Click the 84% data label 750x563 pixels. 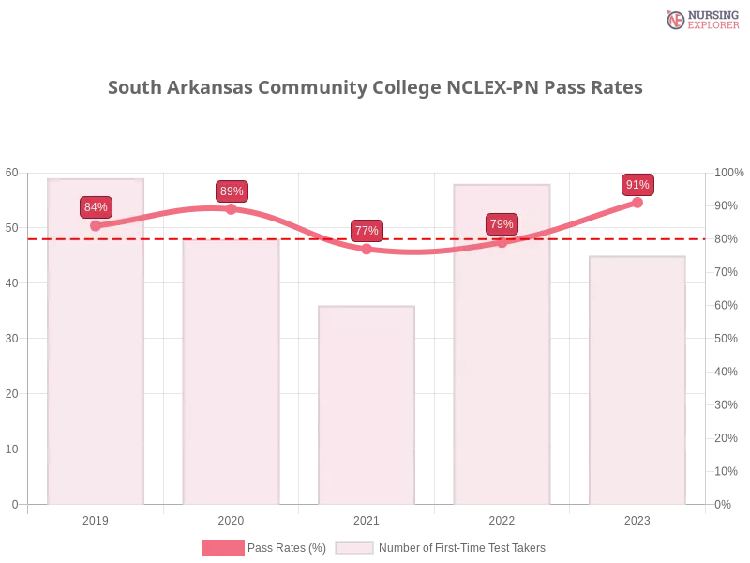tap(96, 207)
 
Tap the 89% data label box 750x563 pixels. tap(232, 191)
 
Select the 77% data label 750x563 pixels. tap(367, 231)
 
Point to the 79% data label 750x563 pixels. tap(502, 224)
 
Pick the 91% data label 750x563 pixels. tap(637, 185)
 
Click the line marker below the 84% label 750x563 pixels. tap(96, 225)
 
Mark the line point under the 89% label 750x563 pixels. tap(232, 209)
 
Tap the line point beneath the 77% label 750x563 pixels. tap(367, 249)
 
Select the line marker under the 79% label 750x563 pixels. tap(502, 242)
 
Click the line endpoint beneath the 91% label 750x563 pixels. tap(637, 202)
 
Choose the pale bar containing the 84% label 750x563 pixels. tap(97, 375)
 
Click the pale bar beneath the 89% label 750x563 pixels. tap(232, 375)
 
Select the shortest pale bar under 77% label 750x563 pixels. tap(367, 403)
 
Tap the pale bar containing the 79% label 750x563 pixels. tap(502, 375)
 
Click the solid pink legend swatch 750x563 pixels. tap(222, 548)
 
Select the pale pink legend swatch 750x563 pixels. tap(354, 548)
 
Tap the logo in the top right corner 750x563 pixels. tap(700, 19)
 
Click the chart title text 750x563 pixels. tap(375, 88)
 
